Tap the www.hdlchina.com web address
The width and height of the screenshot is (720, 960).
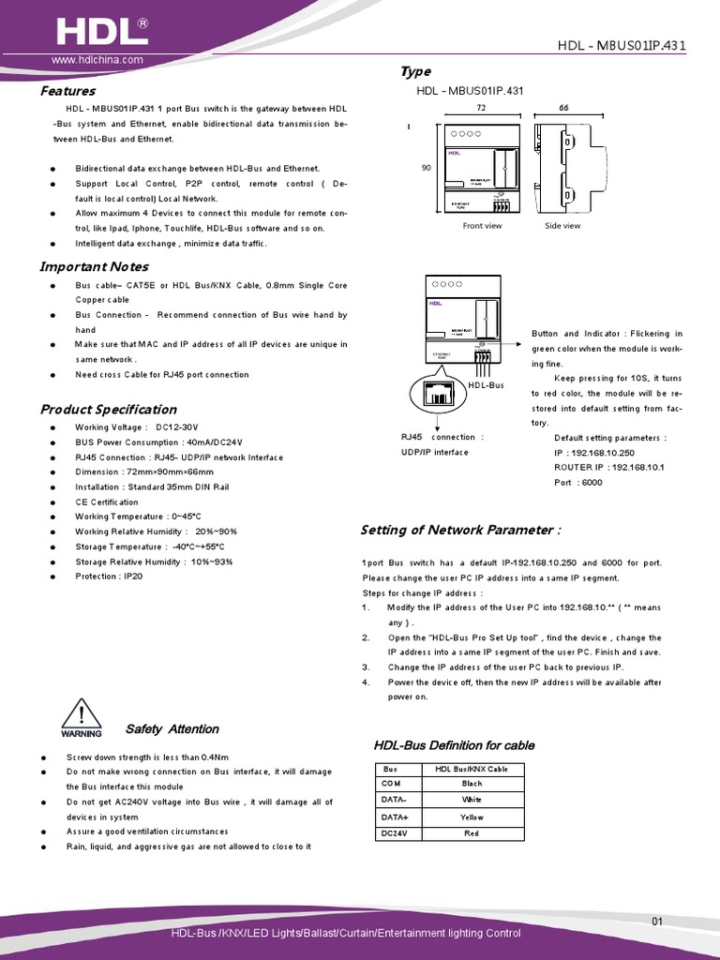97,60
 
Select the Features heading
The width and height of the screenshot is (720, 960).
67,91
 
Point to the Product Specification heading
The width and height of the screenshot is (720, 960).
108,409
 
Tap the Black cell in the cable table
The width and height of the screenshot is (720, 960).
472,783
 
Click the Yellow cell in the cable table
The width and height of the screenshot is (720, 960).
472,817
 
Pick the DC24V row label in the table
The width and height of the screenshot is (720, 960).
393,832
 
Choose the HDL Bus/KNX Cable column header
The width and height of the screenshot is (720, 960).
472,768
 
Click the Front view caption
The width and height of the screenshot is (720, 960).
482,226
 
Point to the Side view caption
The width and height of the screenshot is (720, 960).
562,226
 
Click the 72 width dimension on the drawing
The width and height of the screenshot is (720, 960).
481,109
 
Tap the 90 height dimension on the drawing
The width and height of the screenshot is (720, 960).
427,168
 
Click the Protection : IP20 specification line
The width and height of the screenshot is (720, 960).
109,577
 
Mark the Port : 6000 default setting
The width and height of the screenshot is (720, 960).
578,482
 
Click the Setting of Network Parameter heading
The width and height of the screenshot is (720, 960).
461,530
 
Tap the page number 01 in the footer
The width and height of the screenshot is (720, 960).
656,922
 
